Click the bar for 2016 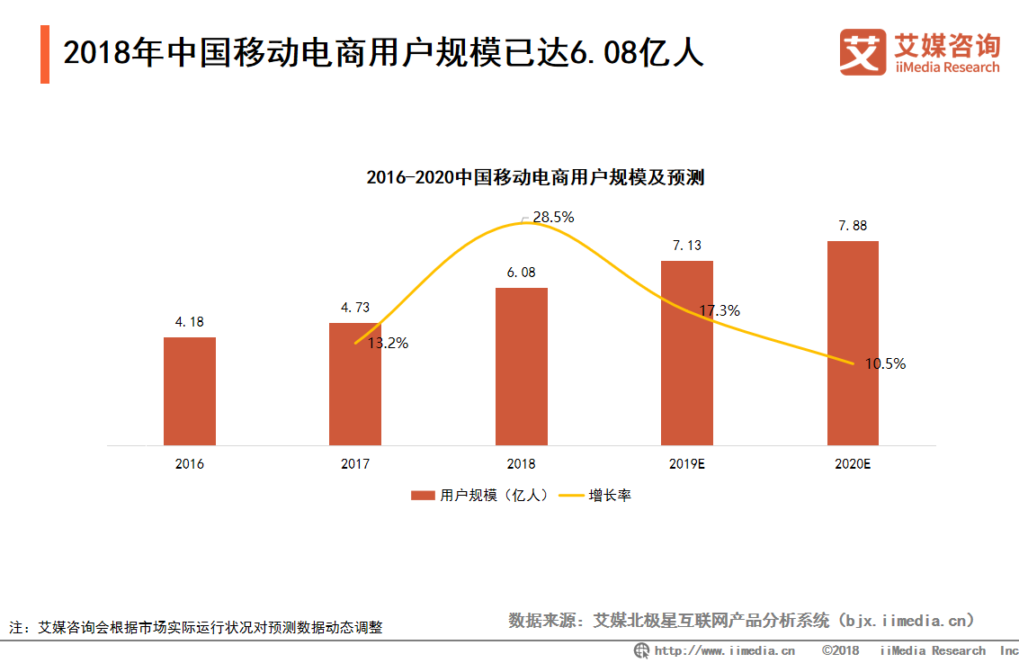[190, 391]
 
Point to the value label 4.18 [190, 322]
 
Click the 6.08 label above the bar [521, 273]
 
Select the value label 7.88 [853, 226]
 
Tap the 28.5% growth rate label [553, 217]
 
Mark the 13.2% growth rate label [388, 343]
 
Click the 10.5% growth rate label [885, 364]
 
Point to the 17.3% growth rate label [720, 311]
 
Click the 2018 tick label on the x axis [521, 464]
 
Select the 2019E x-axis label [687, 464]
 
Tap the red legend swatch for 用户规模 [423, 496]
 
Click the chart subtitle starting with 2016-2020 [535, 177]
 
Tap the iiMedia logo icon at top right [863, 52]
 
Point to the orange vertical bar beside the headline [45, 54]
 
